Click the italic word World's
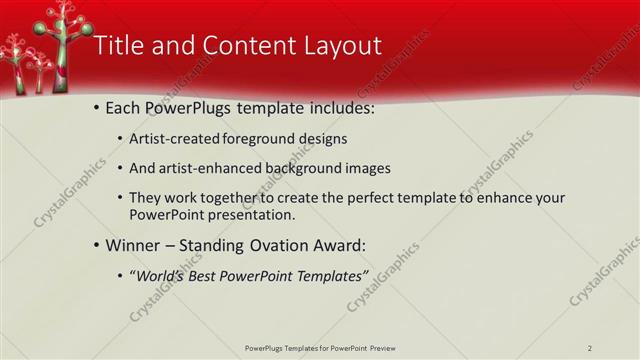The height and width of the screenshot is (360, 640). tap(160, 275)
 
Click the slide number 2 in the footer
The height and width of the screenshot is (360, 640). tap(590, 348)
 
